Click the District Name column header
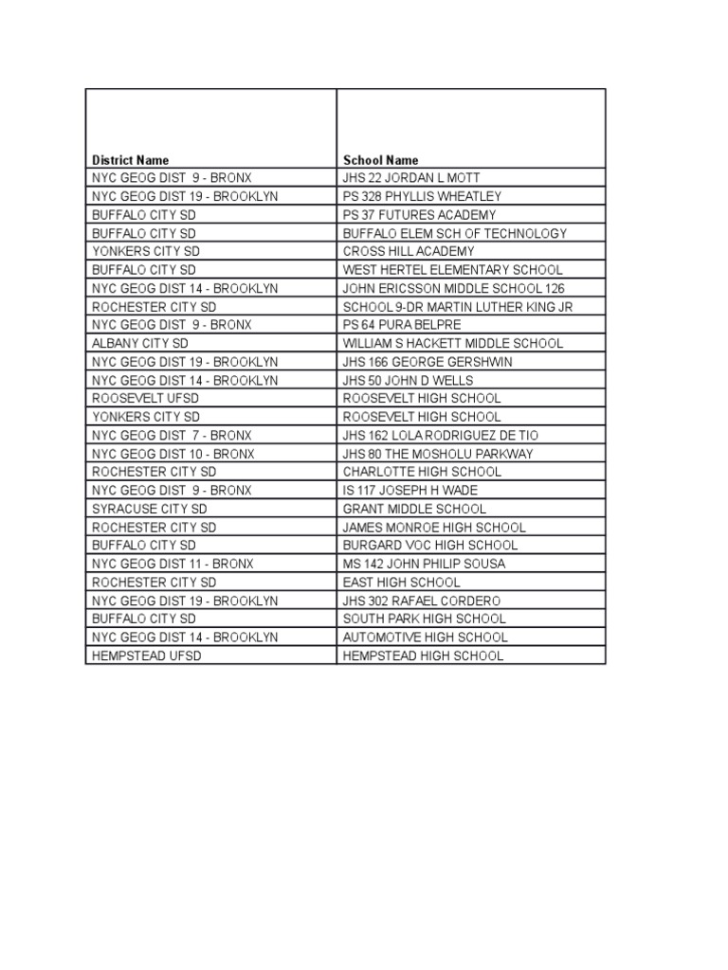pyautogui.click(x=131, y=160)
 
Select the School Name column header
pyautogui.click(x=380, y=160)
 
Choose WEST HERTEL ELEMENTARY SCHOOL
pyautogui.click(x=452, y=270)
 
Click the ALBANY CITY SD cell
pyautogui.click(x=140, y=343)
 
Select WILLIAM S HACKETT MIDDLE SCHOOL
pyautogui.click(x=453, y=343)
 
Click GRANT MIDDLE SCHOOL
pyautogui.click(x=414, y=509)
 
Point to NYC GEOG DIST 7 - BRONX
pyautogui.click(x=173, y=435)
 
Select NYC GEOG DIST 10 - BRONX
pyautogui.click(x=173, y=454)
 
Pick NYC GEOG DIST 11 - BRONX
pyautogui.click(x=173, y=564)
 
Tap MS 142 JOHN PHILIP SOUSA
pyautogui.click(x=424, y=564)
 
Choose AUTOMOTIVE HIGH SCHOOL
pyautogui.click(x=425, y=638)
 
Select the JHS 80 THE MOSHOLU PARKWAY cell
pyautogui.click(x=438, y=454)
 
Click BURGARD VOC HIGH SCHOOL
pyautogui.click(x=430, y=546)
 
